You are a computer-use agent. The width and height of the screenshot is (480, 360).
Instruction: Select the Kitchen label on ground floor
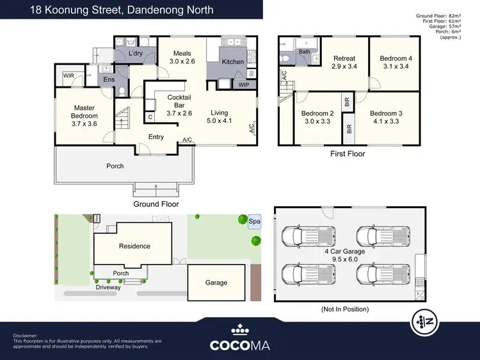point(232,62)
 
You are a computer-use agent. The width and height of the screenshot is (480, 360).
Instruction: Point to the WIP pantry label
point(244,84)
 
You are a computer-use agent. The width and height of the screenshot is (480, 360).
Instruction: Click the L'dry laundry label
point(135,53)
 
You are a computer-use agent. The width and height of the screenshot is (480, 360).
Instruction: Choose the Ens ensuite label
point(109,80)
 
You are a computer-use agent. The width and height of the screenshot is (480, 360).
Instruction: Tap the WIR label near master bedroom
point(68,76)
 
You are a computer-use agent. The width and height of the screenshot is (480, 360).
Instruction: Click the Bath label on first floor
point(304,52)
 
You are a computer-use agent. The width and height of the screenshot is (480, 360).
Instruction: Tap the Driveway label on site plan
point(108,288)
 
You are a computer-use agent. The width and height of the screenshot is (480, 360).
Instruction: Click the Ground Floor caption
point(156,204)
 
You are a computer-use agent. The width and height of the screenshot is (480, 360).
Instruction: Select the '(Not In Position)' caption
point(344,309)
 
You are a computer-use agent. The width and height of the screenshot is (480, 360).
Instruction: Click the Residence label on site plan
point(134,246)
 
